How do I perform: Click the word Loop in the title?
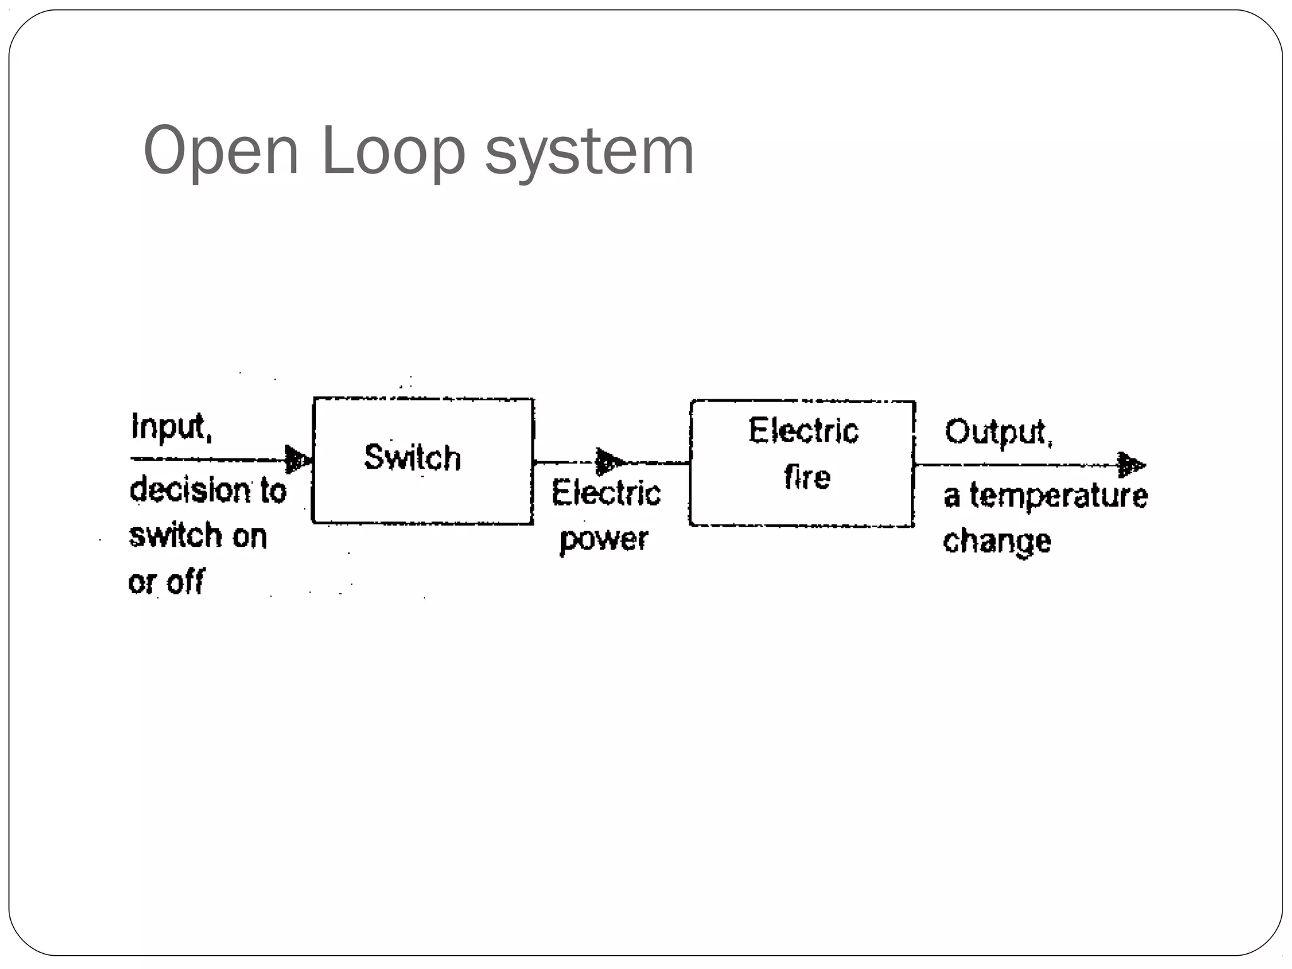pyautogui.click(x=392, y=151)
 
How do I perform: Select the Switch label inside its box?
pyautogui.click(x=413, y=457)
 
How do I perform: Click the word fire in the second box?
pyautogui.click(x=807, y=477)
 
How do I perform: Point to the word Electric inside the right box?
pyautogui.click(x=803, y=432)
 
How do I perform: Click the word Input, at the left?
pyautogui.click(x=172, y=427)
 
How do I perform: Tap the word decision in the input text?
pyautogui.click(x=190, y=490)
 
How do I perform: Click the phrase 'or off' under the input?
pyautogui.click(x=166, y=582)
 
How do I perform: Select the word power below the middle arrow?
pyautogui.click(x=604, y=539)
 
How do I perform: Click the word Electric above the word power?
pyautogui.click(x=606, y=493)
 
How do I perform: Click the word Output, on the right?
pyautogui.click(x=998, y=433)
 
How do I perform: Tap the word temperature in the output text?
pyautogui.click(x=1059, y=496)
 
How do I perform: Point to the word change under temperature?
pyautogui.click(x=997, y=541)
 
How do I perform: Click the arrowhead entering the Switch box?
pyautogui.click(x=297, y=459)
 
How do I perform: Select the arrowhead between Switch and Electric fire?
pyautogui.click(x=609, y=462)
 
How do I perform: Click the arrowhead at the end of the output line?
pyautogui.click(x=1131, y=465)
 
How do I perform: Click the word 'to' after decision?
pyautogui.click(x=273, y=491)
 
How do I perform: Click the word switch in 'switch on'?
pyautogui.click(x=175, y=536)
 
